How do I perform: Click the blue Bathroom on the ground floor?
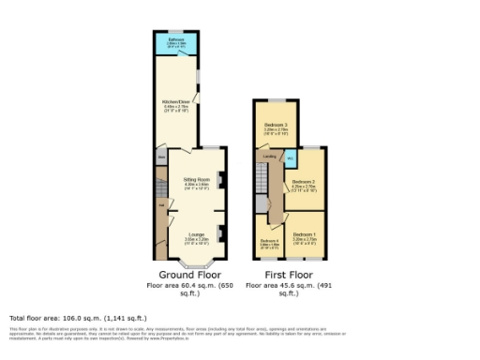coord(176,43)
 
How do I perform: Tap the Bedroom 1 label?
coord(303,234)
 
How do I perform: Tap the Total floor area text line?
coord(71,318)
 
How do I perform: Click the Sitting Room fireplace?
coord(220,179)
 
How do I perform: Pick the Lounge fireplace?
coord(220,231)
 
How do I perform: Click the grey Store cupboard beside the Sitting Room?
coord(161,157)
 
